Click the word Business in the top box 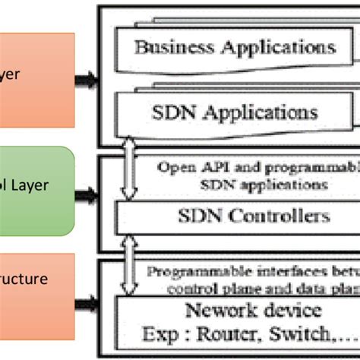[x=172, y=47]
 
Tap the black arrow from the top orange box [x=88, y=77]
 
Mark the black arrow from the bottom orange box [x=87, y=305]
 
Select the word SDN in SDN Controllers [x=205, y=216]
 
